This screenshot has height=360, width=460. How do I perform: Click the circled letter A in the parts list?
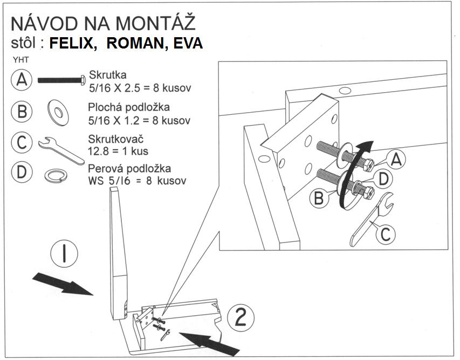(22, 80)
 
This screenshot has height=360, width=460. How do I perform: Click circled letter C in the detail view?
(385, 234)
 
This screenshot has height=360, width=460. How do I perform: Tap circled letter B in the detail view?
(319, 198)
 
